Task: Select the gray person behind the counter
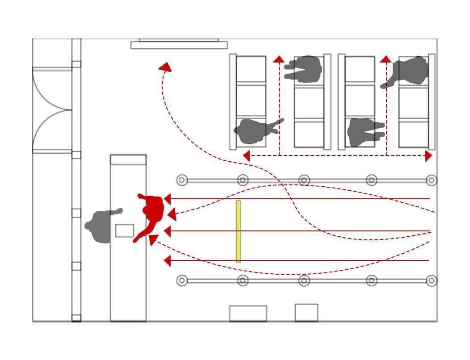[102, 226]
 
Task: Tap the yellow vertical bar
[239, 231]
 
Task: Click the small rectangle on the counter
[125, 230]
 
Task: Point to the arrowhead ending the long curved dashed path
[166, 67]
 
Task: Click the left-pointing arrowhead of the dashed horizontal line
[246, 156]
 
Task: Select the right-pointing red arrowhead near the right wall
[429, 156]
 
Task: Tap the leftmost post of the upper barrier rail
[182, 180]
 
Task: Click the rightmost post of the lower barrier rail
[431, 280]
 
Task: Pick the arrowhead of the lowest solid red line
[168, 260]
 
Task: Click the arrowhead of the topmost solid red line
[168, 199]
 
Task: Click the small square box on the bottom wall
[306, 313]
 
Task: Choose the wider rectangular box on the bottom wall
[248, 314]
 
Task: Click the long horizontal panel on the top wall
[179, 45]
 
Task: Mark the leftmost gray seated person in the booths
[255, 131]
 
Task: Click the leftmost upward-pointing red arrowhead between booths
[279, 59]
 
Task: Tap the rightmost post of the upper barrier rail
[431, 180]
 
